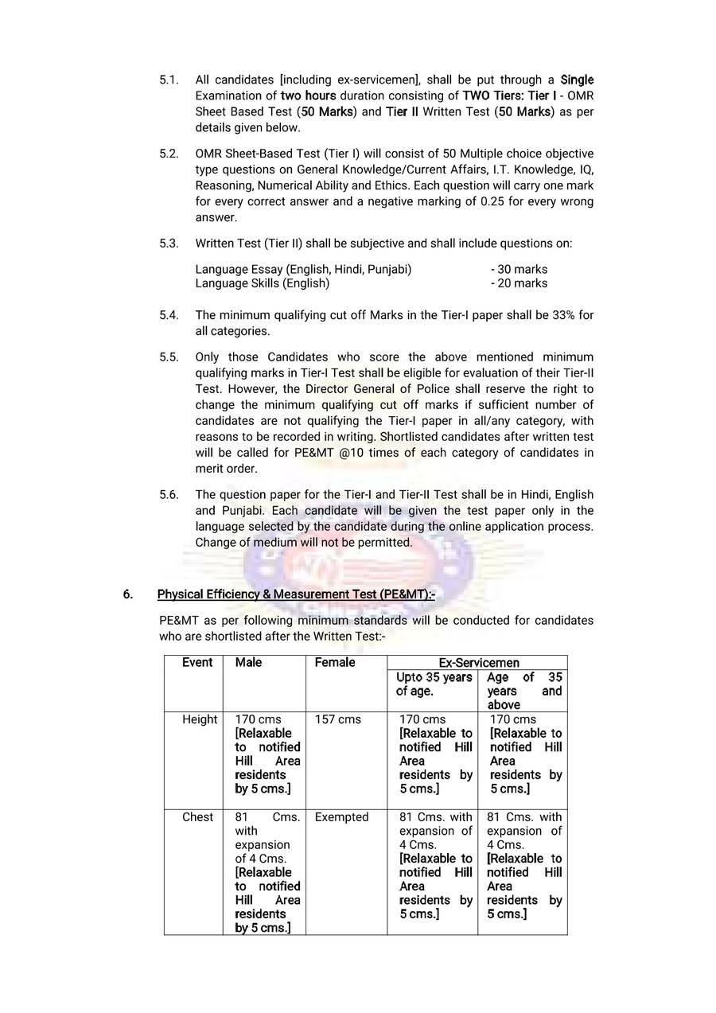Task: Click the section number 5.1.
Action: (169, 80)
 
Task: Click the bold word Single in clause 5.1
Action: (577, 80)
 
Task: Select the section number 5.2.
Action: (169, 154)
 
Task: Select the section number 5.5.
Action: (169, 357)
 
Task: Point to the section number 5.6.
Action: (169, 495)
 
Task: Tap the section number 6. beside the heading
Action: (128, 594)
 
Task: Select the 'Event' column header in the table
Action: (197, 662)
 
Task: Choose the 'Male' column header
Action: (248, 662)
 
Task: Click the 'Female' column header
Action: (335, 662)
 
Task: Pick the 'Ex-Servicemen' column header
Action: (479, 662)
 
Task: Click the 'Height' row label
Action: (200, 719)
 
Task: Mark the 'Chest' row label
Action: (198, 817)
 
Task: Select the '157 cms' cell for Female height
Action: (337, 719)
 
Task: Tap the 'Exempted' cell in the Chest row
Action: (341, 817)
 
